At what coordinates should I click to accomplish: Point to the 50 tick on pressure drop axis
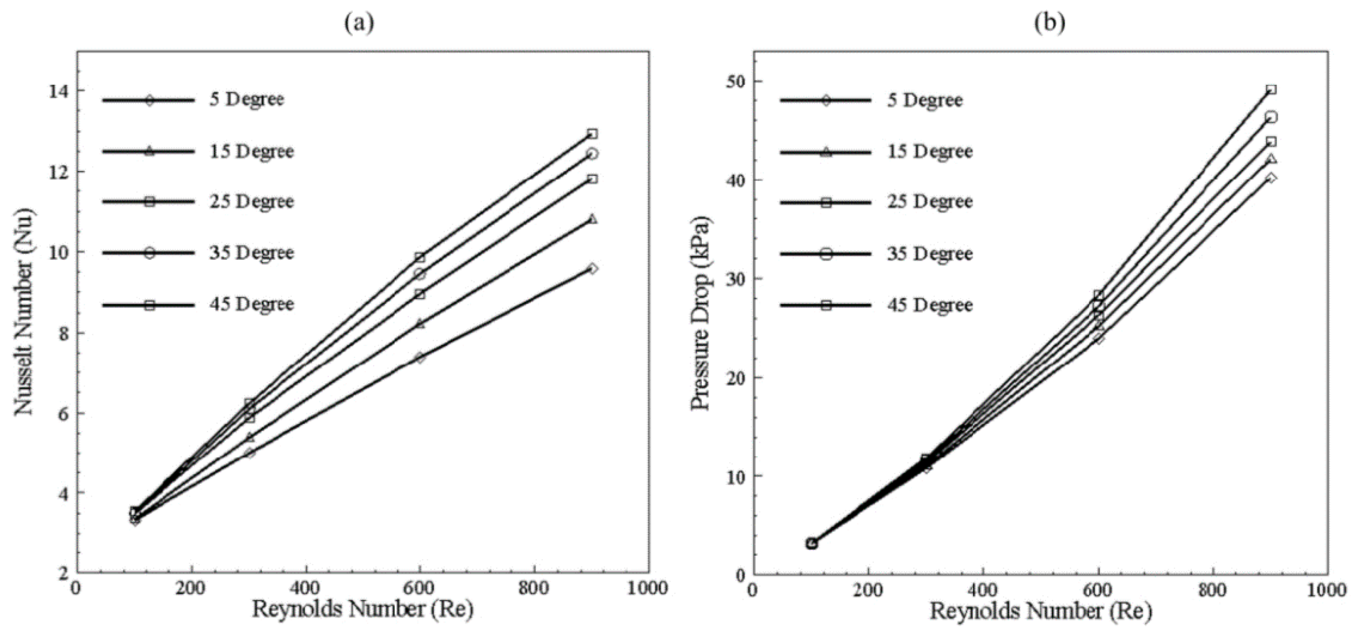[x=735, y=82]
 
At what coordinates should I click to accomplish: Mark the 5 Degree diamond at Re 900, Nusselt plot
[x=592, y=268]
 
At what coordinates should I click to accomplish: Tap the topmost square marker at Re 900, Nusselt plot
[x=592, y=133]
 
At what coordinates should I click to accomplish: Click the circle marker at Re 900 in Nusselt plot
[x=592, y=154]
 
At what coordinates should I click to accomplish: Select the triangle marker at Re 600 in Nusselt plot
[x=420, y=324]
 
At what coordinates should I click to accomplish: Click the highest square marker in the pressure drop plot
[x=1271, y=89]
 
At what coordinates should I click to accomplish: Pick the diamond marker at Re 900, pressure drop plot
[x=1271, y=178]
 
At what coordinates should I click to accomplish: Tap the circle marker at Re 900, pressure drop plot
[x=1271, y=117]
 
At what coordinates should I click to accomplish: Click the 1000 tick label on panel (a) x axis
[x=648, y=588]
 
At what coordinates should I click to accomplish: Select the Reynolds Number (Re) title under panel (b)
[x=1040, y=612]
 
